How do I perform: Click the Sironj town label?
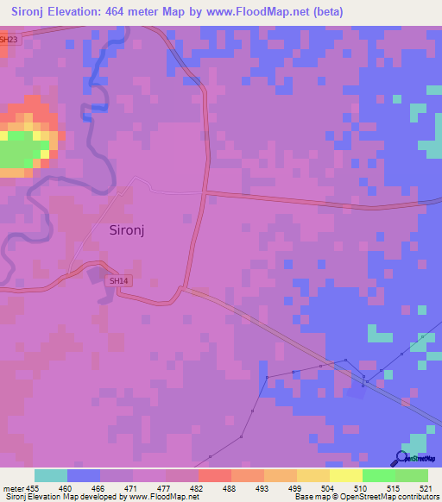click(x=133, y=230)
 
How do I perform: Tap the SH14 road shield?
click(x=117, y=281)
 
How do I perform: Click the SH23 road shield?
click(x=8, y=39)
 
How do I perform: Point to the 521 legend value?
click(x=419, y=487)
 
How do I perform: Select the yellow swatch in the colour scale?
click(x=345, y=475)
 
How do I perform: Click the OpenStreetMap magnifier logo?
click(x=401, y=457)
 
